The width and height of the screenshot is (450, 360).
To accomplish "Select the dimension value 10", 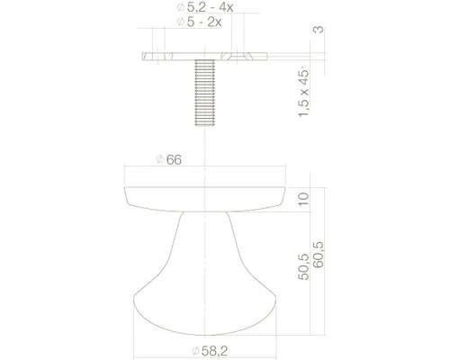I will (304, 199).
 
